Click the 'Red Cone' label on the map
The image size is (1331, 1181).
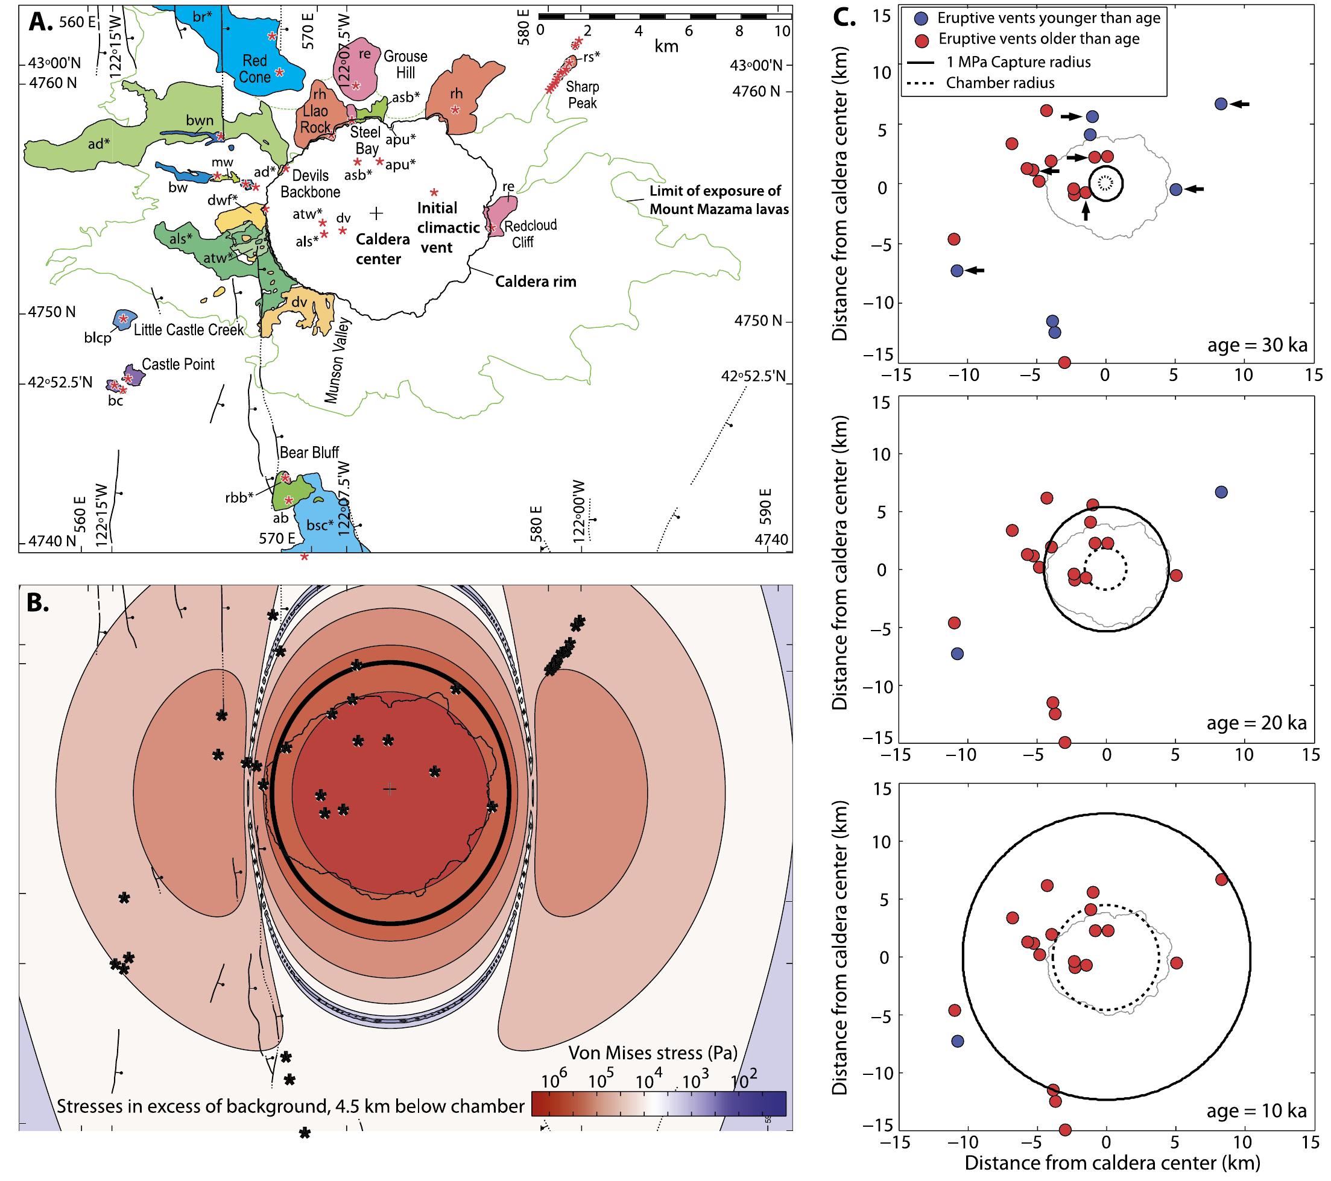[x=255, y=68]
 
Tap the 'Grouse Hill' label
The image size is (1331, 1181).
[x=405, y=65]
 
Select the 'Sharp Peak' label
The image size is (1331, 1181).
[x=582, y=95]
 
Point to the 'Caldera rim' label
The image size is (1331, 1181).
[x=536, y=282]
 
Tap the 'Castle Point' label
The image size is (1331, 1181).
[x=178, y=364]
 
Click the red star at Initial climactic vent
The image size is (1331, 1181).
[x=434, y=192]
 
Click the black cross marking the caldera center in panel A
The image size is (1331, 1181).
[x=376, y=212]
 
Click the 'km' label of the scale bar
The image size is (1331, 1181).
[x=666, y=47]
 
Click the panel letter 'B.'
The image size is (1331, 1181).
[x=38, y=603]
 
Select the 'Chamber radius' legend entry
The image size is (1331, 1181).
[x=1000, y=83]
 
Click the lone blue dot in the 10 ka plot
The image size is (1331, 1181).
[x=957, y=1041]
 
